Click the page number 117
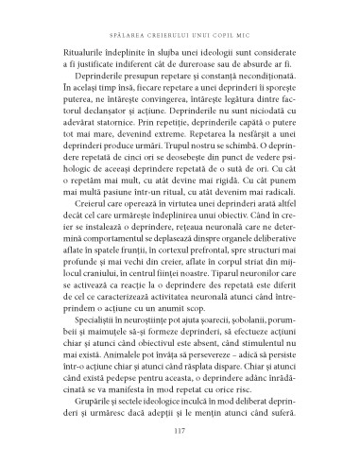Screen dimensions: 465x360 click(179, 433)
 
